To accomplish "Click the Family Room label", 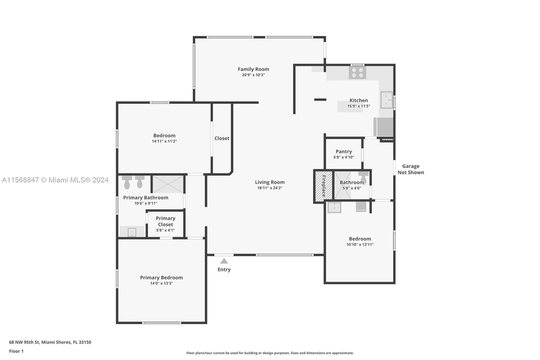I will [253, 69].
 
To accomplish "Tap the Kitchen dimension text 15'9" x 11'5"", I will [358, 106].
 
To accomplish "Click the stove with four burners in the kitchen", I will [357, 73].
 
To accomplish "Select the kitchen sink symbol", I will [386, 100].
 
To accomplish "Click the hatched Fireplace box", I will [323, 186].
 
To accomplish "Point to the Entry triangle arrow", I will [224, 261].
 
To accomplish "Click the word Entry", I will [224, 269].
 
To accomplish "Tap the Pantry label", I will [344, 152].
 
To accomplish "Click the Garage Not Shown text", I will [410, 169].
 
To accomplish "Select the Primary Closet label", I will [165, 221].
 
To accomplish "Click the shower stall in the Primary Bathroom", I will [168, 184].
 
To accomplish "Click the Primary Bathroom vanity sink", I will [132, 232].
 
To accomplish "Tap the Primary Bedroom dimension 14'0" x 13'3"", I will [161, 283].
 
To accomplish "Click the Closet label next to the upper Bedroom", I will [222, 138].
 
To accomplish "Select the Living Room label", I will [270, 182].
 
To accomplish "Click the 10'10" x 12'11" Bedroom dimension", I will [360, 245].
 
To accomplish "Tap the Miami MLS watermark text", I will [55, 180].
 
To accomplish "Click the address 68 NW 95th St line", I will [50, 342].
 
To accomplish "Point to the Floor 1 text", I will [16, 351].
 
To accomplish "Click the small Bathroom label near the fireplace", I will [352, 182].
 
